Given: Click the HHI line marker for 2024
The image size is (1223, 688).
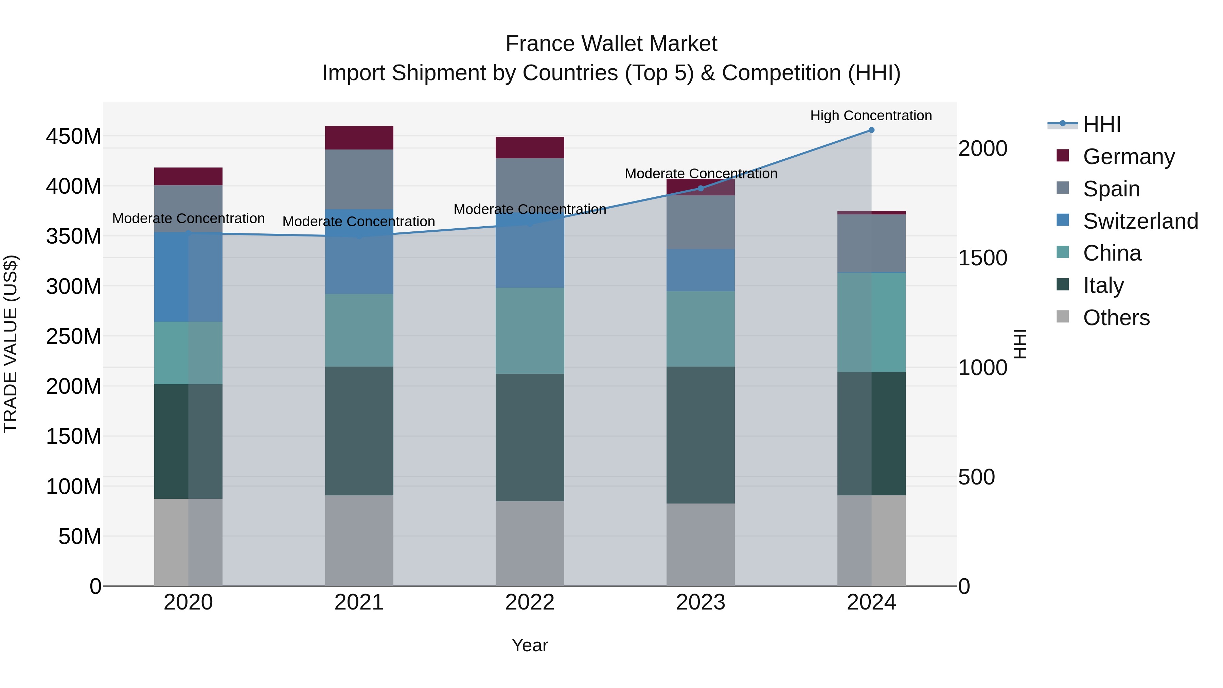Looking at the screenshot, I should pyautogui.click(x=871, y=130).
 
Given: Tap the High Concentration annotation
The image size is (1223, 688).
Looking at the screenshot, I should pyautogui.click(x=871, y=116).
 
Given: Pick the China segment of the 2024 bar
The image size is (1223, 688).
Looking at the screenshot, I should pyautogui.click(x=871, y=322).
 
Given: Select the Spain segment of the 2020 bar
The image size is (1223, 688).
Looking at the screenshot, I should pyautogui.click(x=189, y=209).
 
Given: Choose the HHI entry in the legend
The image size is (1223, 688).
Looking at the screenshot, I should pyautogui.click(x=1101, y=124).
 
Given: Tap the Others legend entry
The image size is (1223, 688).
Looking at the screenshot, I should pyautogui.click(x=1116, y=318).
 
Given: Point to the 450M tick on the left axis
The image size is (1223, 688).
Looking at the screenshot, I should pyautogui.click(x=74, y=137).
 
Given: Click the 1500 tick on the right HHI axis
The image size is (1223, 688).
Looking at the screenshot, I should pyautogui.click(x=982, y=258).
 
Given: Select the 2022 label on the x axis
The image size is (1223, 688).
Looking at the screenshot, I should pyautogui.click(x=530, y=602).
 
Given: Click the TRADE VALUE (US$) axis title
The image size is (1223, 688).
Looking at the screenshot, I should pyautogui.click(x=11, y=344).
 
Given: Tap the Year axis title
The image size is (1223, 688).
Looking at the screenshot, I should pyautogui.click(x=530, y=645).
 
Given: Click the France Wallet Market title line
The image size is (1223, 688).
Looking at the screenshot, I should pyautogui.click(x=611, y=44).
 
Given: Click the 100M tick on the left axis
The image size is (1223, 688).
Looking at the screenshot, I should pyautogui.click(x=74, y=487).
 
